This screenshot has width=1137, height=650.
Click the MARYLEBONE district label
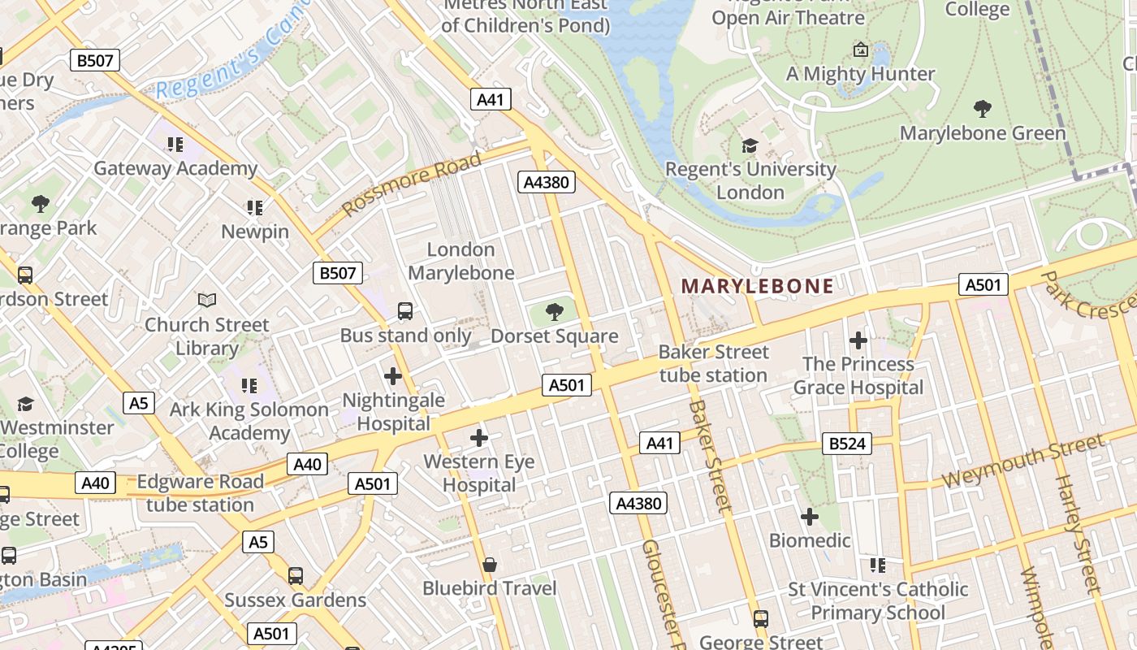pyautogui.click(x=757, y=286)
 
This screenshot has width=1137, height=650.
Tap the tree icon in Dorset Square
pyautogui.click(x=555, y=311)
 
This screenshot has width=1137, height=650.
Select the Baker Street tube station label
pyautogui.click(x=713, y=363)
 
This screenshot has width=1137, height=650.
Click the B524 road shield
pyautogui.click(x=847, y=444)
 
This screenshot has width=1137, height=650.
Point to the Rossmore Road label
pyautogui.click(x=411, y=184)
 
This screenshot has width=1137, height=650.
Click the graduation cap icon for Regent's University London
pyautogui.click(x=750, y=145)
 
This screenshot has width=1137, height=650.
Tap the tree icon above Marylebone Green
pyautogui.click(x=982, y=109)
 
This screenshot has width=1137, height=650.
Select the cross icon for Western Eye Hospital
pyautogui.click(x=479, y=439)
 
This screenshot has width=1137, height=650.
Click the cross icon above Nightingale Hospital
pyautogui.click(x=393, y=376)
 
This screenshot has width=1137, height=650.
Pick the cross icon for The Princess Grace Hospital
pyautogui.click(x=858, y=340)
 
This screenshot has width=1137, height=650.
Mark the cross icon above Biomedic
pyautogui.click(x=809, y=517)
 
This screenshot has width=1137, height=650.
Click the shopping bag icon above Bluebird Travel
pyautogui.click(x=490, y=564)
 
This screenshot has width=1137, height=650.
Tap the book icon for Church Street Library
pyautogui.click(x=207, y=301)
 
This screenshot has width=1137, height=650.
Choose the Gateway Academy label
pyautogui.click(x=175, y=169)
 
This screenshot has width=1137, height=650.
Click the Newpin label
pyautogui.click(x=255, y=232)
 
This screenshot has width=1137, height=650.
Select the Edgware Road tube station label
pyautogui.click(x=200, y=493)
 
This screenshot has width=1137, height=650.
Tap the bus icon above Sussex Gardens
pyautogui.click(x=296, y=576)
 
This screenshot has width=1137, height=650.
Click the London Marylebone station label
pyautogui.click(x=460, y=261)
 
